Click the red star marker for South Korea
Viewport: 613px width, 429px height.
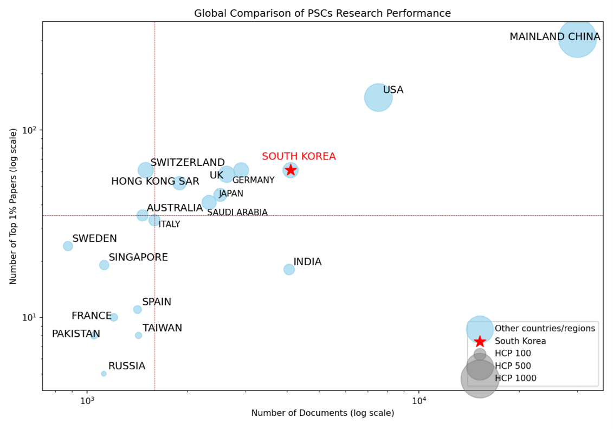click(291, 170)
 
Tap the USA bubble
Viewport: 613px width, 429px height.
click(378, 98)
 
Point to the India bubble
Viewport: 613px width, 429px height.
click(289, 270)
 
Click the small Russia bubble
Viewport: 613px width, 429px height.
click(104, 374)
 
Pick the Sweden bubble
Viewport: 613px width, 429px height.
click(68, 246)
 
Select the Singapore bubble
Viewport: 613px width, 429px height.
click(104, 265)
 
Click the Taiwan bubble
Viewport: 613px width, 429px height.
click(138, 335)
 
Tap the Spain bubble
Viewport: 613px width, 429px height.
click(138, 310)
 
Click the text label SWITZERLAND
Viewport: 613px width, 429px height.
click(188, 163)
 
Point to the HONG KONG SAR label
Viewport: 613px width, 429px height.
click(155, 181)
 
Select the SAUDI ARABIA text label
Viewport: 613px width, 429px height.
click(237, 213)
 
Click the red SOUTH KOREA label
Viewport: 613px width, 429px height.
click(299, 157)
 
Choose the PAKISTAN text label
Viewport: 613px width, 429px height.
click(76, 334)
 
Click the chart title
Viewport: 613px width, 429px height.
click(322, 13)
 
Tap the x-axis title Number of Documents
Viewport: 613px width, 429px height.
click(322, 413)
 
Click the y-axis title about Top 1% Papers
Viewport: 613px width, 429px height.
click(14, 207)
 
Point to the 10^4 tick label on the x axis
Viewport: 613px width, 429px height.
click(418, 401)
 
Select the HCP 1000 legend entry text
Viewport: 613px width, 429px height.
click(515, 378)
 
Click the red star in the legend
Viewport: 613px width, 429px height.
click(480, 341)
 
